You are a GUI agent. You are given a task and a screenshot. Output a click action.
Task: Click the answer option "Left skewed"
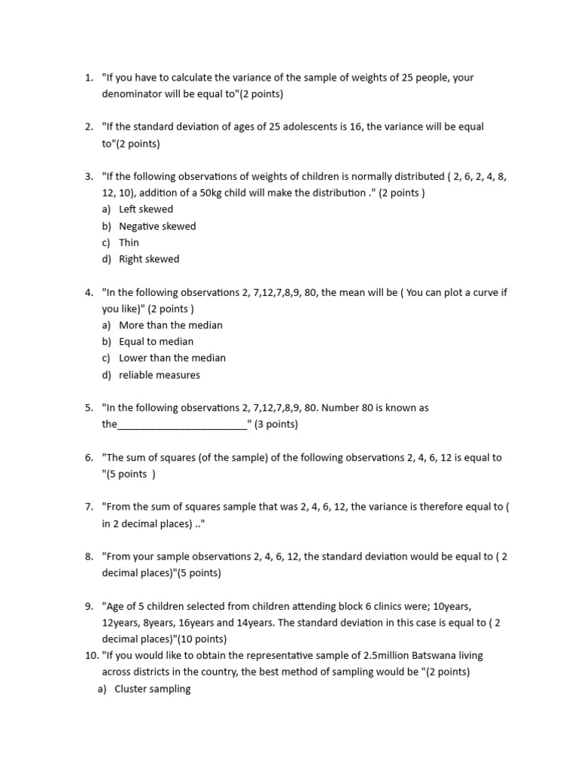pos(146,209)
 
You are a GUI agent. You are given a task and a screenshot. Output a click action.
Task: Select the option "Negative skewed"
pos(157,226)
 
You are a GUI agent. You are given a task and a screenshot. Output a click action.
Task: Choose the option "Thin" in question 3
pos(129,242)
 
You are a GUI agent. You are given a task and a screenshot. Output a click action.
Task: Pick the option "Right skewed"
pos(149,259)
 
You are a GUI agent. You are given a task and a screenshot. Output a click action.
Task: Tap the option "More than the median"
pos(171,325)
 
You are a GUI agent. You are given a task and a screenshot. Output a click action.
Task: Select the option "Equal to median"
pos(156,342)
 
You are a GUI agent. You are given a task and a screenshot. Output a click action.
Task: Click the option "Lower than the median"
pos(172,358)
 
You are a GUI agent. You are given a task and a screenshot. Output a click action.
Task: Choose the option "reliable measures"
pos(160,375)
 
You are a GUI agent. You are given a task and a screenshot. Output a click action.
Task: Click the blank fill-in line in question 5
pos(183,425)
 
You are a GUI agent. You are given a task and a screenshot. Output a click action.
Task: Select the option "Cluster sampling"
pos(152,689)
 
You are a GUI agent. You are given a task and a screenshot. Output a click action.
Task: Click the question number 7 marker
pos(89,507)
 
